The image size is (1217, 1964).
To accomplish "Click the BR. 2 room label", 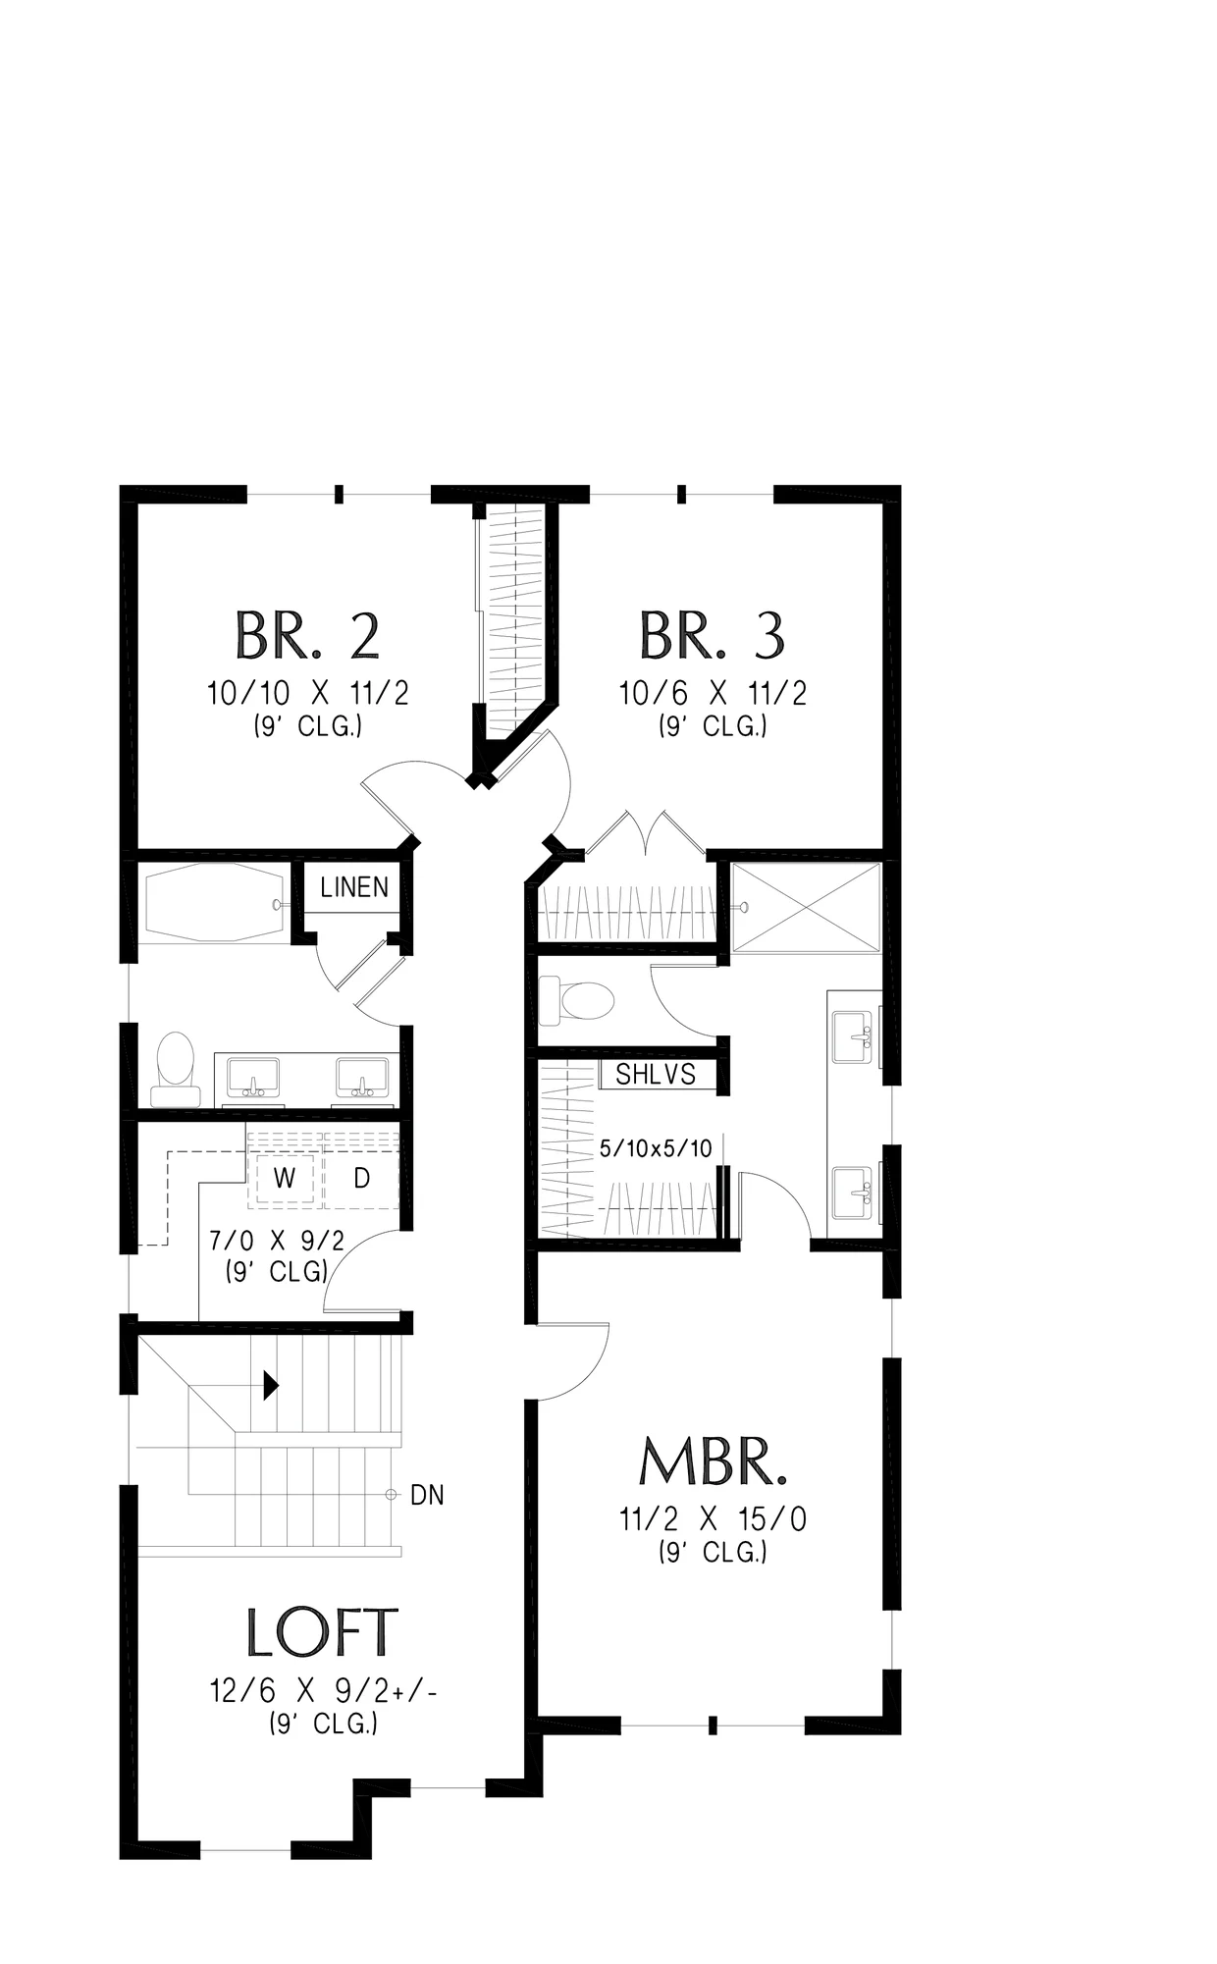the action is coord(307,635).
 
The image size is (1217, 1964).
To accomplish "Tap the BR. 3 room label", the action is coord(713,635).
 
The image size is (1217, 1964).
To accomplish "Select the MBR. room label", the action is coord(713,1461).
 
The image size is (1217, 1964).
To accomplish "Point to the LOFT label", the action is coord(322,1633).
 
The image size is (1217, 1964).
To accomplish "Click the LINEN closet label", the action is coord(354,887).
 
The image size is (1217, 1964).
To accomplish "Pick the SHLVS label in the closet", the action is coord(656,1075).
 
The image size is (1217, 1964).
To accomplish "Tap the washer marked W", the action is coord(285,1179).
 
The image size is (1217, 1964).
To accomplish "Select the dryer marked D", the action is coord(361,1179).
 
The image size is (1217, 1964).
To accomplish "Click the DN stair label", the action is coord(427,1495).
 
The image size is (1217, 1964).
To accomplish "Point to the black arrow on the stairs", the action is coord(272,1385).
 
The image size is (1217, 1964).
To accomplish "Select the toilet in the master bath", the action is coord(577,1001).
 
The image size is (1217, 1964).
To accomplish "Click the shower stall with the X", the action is coord(805,907).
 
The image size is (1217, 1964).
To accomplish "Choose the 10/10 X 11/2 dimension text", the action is coord(307,694).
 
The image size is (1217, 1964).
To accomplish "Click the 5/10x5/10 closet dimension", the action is coord(656,1148).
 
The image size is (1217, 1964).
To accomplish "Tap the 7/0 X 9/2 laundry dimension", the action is coord(278,1242).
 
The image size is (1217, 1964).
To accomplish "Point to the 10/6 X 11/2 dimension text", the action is coord(713,694).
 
